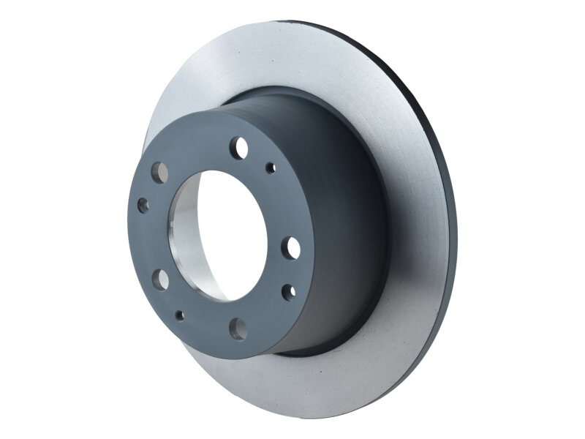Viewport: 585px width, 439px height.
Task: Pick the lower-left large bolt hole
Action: coord(160,279)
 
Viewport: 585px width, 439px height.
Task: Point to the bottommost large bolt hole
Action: coord(238,327)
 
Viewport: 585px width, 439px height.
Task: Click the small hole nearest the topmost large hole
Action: coord(271,168)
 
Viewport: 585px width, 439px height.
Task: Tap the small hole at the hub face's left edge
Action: coord(143,206)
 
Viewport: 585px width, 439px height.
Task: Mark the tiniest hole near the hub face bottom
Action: coord(180,315)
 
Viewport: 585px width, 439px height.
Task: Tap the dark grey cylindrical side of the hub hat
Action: coord(344,219)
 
